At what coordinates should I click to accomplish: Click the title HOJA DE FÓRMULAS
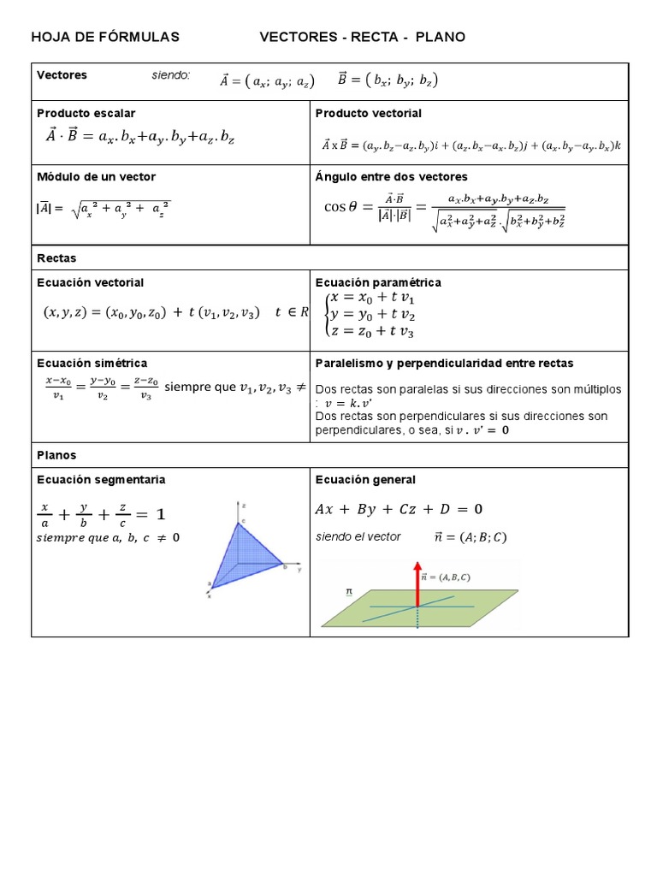105,37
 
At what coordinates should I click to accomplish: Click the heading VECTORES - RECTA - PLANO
363,37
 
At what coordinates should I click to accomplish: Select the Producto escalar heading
86,113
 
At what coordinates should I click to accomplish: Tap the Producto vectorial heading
369,113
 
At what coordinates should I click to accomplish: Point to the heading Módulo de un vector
96,176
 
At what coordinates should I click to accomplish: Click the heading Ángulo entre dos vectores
392,176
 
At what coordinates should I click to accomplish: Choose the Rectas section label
56,257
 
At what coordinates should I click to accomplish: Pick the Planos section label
56,455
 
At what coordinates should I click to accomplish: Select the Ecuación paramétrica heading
378,282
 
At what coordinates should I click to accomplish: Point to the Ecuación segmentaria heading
101,479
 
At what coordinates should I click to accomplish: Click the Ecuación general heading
365,479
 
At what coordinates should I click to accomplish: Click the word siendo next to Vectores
171,75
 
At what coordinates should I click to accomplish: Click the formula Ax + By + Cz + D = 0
399,509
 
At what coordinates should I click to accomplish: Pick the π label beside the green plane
349,591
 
